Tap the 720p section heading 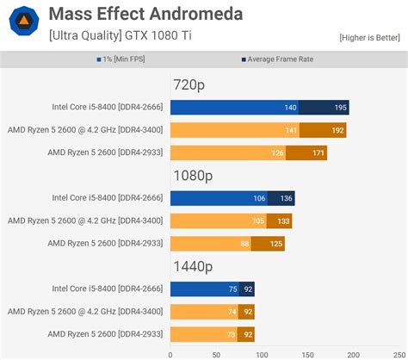coord(189,87)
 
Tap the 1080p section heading coord(192,177)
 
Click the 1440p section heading coord(192,267)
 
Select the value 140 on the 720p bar coord(290,109)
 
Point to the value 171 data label coord(318,153)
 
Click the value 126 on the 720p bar coord(277,153)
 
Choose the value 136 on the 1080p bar coord(286,199)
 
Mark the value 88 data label coord(244,244)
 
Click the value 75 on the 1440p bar coord(232,289)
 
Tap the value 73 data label coord(231,334)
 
